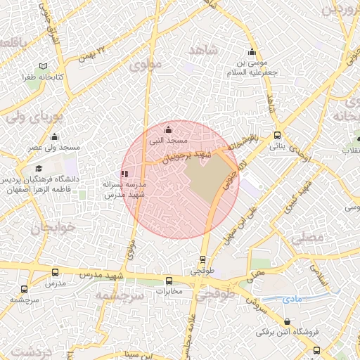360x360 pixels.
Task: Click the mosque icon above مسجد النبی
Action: (167, 130)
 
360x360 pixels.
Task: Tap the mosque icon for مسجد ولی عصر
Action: (55, 137)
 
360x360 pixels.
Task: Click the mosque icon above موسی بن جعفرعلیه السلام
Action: (252, 52)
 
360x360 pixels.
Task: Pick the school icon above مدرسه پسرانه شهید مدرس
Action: (124, 173)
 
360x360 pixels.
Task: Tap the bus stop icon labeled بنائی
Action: (277, 135)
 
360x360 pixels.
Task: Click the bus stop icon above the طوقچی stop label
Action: (202, 259)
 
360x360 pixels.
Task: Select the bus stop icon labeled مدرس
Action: (56, 273)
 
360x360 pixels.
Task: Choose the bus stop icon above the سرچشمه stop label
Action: (25, 289)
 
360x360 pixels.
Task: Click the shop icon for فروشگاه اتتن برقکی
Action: (287, 321)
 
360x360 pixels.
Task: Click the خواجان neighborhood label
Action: (46, 229)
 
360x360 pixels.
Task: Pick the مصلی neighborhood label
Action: (313, 238)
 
